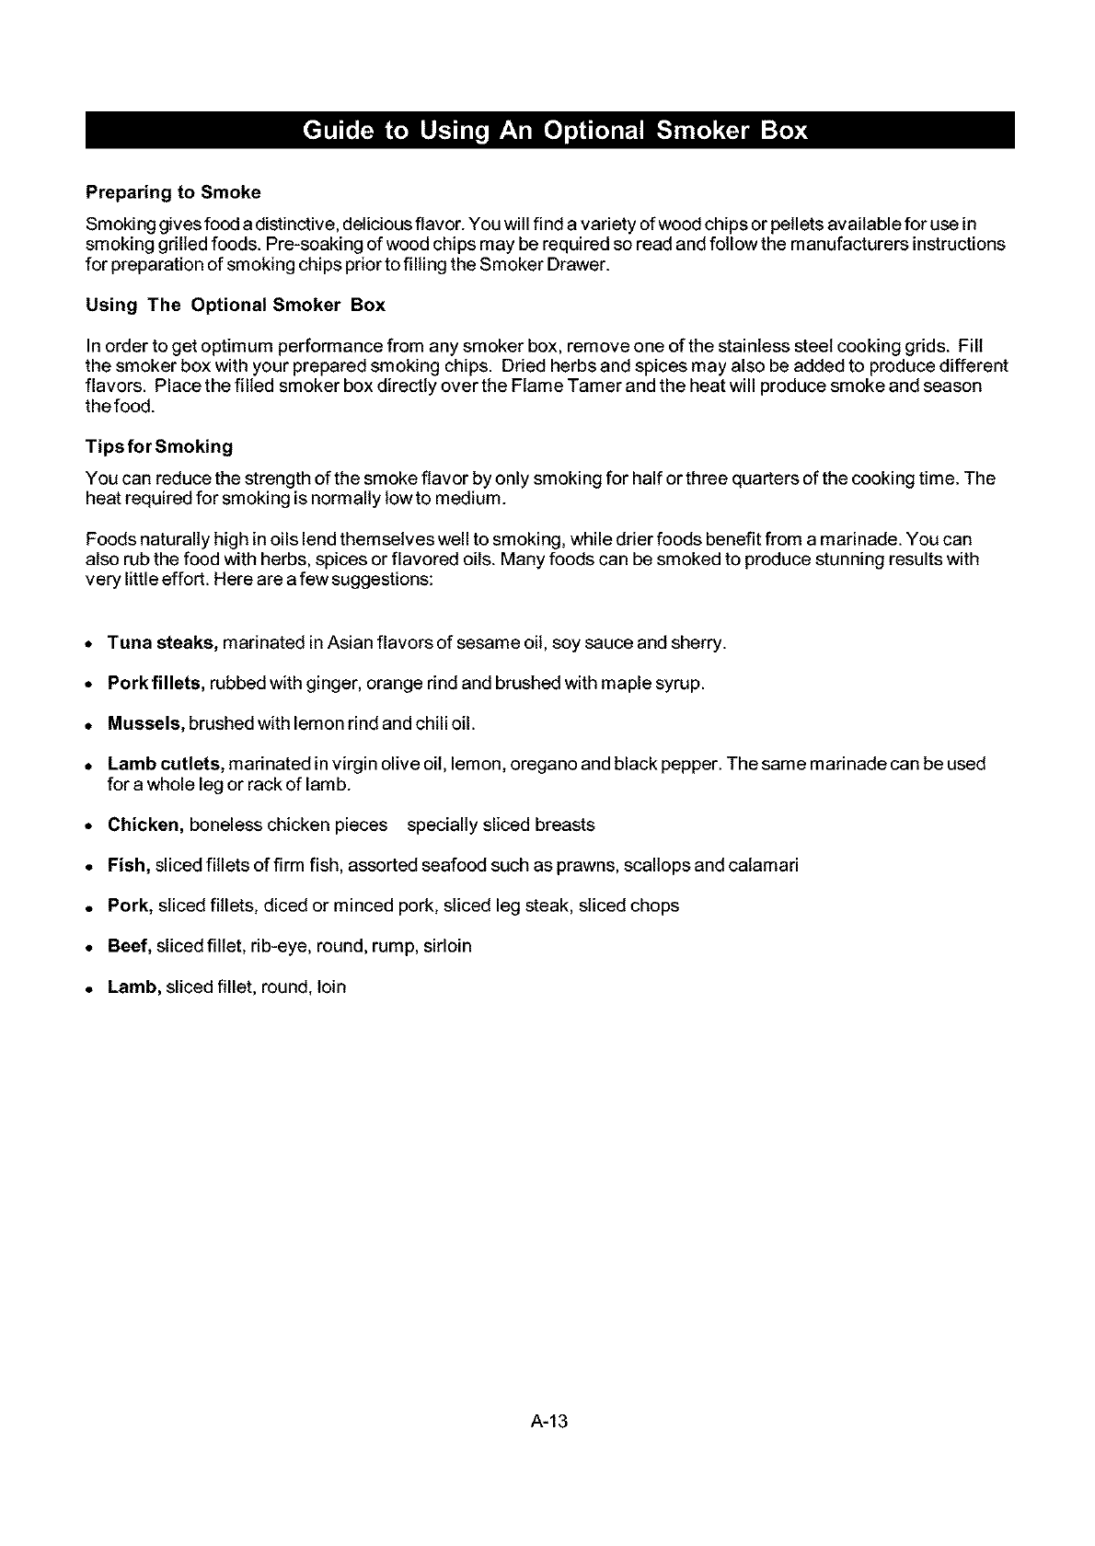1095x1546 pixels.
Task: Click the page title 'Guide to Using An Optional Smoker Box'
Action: (x=554, y=131)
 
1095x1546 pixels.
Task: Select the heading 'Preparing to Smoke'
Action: (x=173, y=192)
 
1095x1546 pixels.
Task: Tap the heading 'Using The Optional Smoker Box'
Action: (x=235, y=305)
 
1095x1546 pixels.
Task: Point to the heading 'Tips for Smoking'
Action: (x=158, y=446)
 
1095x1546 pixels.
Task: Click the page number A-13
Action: (x=550, y=1422)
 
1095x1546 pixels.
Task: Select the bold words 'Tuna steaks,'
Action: (x=162, y=641)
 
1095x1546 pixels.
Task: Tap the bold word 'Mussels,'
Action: (x=146, y=723)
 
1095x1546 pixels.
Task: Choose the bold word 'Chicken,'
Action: (x=145, y=825)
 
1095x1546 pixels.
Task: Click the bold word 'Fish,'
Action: (x=129, y=865)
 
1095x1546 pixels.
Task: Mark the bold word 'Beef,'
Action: (x=130, y=946)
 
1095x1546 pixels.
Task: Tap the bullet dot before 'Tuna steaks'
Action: (x=90, y=643)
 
